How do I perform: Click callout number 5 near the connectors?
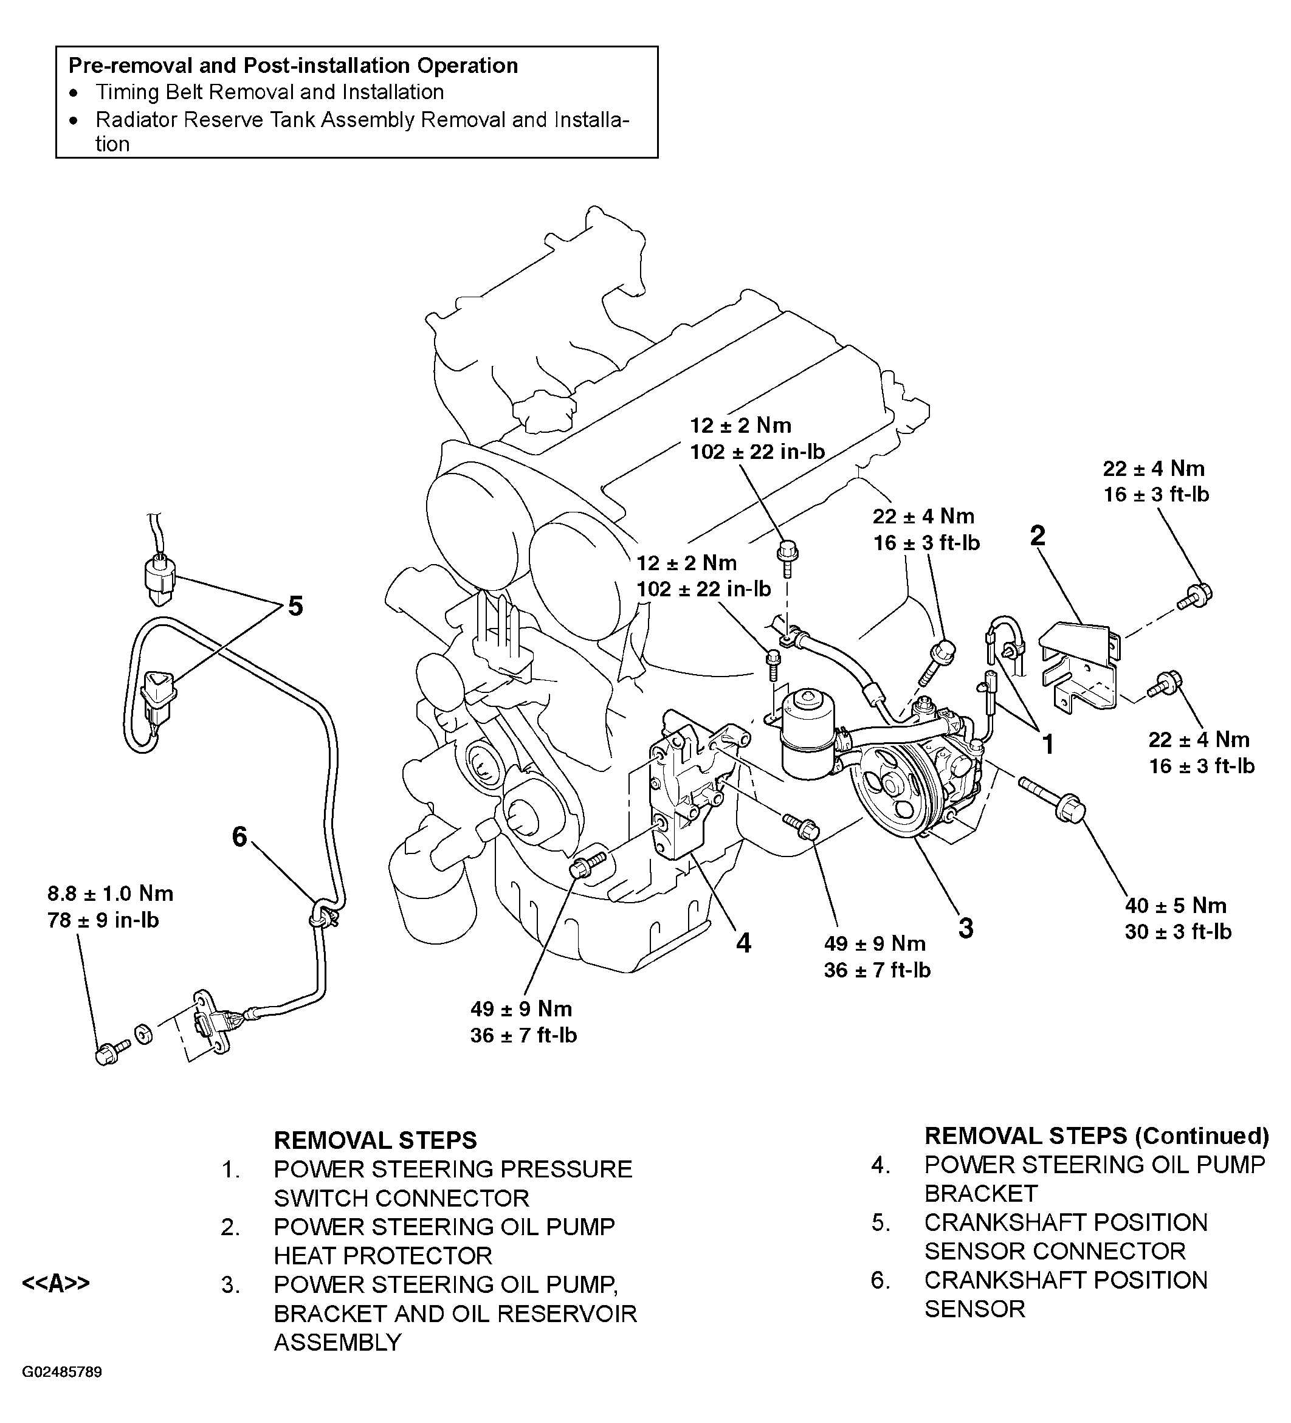tap(295, 605)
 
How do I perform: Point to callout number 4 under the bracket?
tap(743, 942)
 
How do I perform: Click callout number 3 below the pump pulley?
tap(966, 928)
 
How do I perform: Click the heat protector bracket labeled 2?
tap(1080, 664)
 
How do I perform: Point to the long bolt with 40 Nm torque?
tap(1052, 802)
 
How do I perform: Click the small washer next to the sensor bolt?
tap(143, 1036)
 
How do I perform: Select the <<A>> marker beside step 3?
tap(57, 1283)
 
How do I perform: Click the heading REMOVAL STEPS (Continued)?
tap(1096, 1135)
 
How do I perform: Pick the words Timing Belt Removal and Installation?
tap(270, 92)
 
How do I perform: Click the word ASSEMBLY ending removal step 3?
tap(337, 1342)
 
